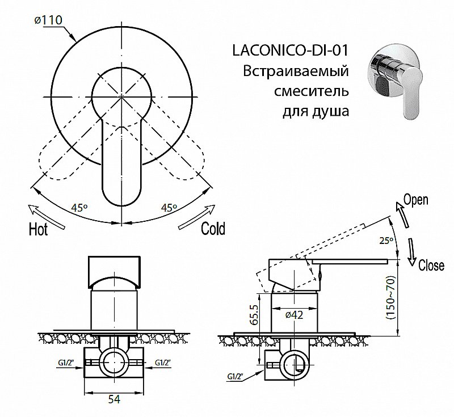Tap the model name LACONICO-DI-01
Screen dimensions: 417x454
[x=289, y=51]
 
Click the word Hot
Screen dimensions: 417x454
[x=38, y=230]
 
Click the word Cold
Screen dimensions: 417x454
[x=213, y=228]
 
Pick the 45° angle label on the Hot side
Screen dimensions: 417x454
[x=81, y=208]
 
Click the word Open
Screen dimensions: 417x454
[x=415, y=199]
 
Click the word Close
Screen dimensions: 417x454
[x=431, y=265]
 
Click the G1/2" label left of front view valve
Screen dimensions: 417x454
[x=68, y=361]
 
